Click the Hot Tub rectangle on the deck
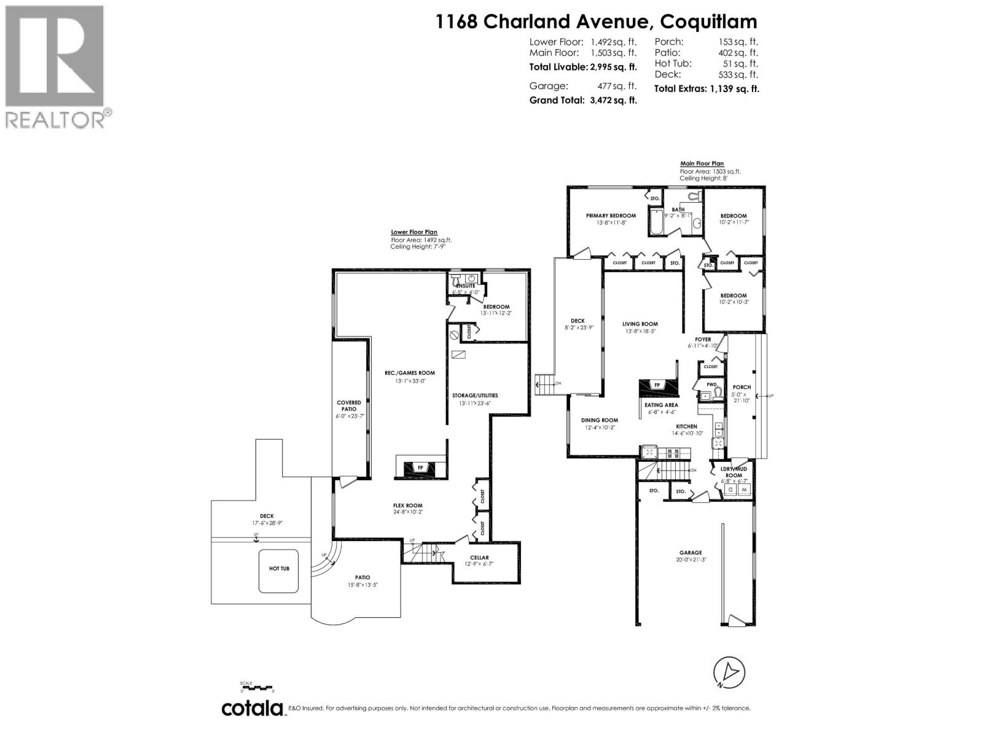[279, 569]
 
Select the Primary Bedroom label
[611, 216]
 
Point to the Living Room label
[640, 324]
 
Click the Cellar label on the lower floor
[479, 558]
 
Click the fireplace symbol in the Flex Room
[421, 468]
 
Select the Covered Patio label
[349, 406]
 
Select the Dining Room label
[600, 421]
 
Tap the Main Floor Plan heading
[702, 163]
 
